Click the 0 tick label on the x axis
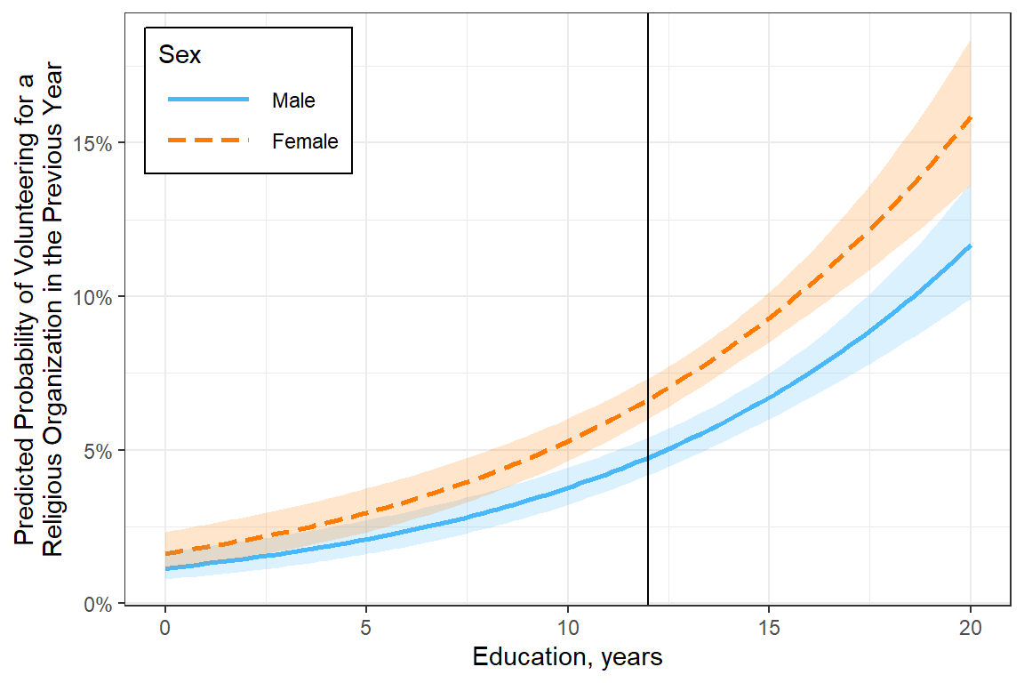coord(165,628)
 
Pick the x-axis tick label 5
coord(366,628)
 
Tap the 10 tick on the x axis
coord(568,628)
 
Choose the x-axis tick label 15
coord(769,628)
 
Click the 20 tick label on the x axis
coord(971,628)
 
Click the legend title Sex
coord(180,55)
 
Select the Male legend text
coord(293,100)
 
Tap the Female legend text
coord(305,141)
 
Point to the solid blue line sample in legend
coord(208,100)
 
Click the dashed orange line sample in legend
coord(208,141)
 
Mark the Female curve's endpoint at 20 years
coord(971,117)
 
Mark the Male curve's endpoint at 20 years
coord(971,245)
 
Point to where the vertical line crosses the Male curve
coord(648,458)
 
